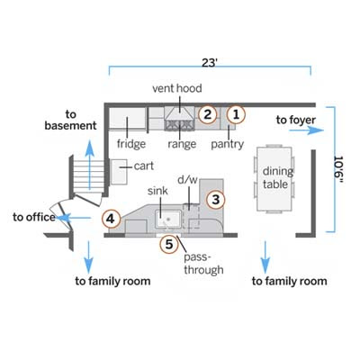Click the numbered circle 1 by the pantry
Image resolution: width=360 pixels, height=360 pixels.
click(x=236, y=114)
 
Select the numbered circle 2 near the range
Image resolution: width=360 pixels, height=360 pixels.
click(x=207, y=114)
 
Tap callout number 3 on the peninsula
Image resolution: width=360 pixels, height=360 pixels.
click(x=216, y=200)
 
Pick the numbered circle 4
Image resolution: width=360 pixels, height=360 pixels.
click(x=111, y=219)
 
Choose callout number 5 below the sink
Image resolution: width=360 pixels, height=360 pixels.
click(x=169, y=244)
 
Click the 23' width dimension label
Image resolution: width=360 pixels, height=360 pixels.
click(x=210, y=63)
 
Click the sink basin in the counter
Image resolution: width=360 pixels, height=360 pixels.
click(x=168, y=219)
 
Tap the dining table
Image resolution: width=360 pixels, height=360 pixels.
click(x=274, y=179)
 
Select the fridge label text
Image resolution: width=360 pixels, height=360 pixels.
click(x=131, y=144)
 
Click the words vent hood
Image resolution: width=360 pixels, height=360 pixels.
click(x=177, y=88)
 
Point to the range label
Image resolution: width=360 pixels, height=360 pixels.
click(x=182, y=144)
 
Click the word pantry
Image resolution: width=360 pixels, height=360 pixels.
click(x=228, y=144)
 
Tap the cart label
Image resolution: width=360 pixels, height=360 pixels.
click(x=144, y=166)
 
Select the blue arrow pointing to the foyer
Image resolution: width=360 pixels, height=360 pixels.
click(x=307, y=130)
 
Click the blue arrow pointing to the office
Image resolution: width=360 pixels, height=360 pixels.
click(x=74, y=218)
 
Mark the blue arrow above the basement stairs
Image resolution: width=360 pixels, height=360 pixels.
click(x=89, y=165)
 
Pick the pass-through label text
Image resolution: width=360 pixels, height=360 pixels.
click(x=203, y=264)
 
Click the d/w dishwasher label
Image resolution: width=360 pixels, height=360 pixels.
click(x=188, y=180)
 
